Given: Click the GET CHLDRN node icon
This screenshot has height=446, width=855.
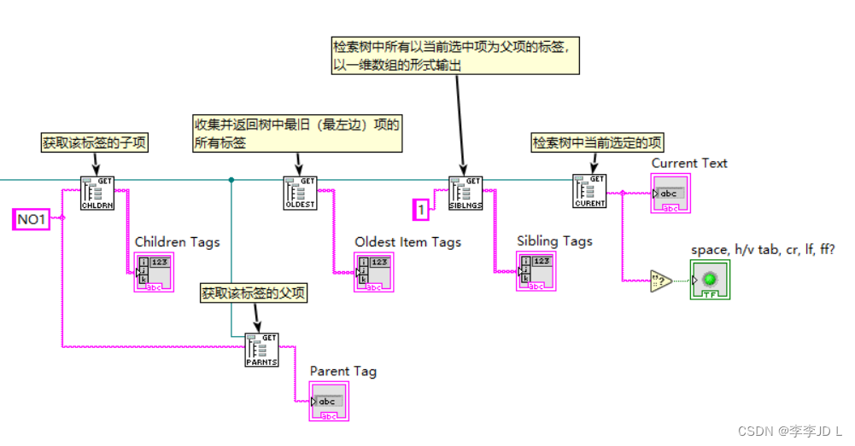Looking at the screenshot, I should tap(97, 193).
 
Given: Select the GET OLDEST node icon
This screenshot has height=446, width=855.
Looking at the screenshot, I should tap(299, 193).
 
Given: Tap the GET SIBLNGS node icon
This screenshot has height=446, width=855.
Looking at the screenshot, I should tap(466, 193).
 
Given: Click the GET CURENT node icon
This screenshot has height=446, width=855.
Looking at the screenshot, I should tap(589, 192).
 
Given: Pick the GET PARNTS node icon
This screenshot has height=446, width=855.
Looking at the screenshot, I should tap(261, 350).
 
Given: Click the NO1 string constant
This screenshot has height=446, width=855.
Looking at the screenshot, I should tap(31, 220).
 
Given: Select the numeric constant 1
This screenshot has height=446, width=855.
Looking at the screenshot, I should tap(420, 207).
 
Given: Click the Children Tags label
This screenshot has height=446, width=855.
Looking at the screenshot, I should tap(177, 242).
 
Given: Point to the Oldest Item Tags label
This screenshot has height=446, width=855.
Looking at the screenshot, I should tap(407, 242).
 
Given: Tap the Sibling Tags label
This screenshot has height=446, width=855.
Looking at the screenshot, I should tap(554, 241).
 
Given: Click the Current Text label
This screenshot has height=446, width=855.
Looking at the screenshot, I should tap(689, 163).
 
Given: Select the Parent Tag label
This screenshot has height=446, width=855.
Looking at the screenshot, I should tap(343, 371).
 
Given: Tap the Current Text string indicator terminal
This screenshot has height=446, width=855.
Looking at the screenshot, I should tap(670, 195).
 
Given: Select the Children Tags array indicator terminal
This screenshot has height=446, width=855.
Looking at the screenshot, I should tap(154, 274).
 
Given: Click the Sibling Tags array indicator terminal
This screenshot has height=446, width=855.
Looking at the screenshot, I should tap(536, 273).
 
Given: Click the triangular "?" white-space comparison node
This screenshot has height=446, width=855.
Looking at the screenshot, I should tap(661, 281).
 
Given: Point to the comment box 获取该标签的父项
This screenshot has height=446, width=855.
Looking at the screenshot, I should tap(254, 293).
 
